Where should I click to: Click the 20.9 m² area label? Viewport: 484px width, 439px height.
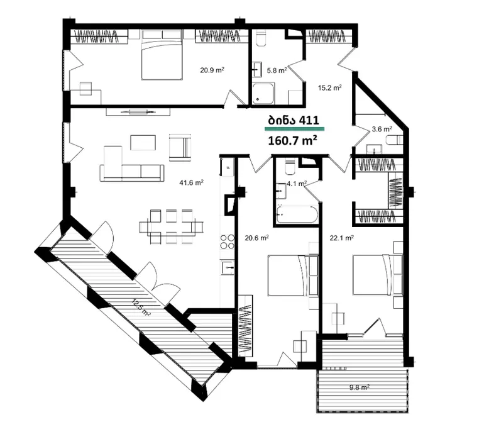coord(212,70)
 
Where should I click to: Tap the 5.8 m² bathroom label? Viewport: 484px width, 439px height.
coord(277,70)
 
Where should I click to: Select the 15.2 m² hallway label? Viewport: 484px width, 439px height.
coord(329,88)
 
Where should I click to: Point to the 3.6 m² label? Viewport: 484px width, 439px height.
coord(382,129)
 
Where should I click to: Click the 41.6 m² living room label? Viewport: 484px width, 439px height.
coord(191,182)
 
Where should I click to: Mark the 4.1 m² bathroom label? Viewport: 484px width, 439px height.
coord(297,184)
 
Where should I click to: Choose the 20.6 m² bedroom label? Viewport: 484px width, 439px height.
coord(256,238)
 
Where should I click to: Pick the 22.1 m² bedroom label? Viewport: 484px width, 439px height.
coord(342,238)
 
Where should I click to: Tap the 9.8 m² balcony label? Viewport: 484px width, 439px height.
coord(360,387)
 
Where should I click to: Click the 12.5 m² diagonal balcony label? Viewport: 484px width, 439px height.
coord(141,307)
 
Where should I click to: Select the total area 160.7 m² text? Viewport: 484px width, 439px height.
coord(292,140)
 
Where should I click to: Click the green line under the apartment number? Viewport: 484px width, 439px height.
coord(294,128)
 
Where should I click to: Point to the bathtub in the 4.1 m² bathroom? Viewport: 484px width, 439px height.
coord(297,214)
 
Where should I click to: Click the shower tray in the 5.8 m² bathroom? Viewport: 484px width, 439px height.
coord(263,93)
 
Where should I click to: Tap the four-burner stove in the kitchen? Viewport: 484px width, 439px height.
coord(227,242)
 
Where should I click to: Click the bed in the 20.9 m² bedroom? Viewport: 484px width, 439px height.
coord(161,55)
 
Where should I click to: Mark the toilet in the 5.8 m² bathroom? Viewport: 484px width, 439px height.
coord(261,38)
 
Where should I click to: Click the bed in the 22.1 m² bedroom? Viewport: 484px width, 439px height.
coord(378,274)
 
